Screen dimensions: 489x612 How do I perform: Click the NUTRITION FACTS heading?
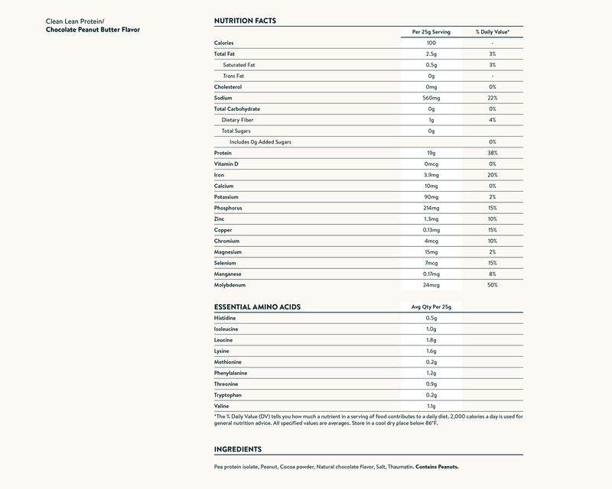coord(245,20)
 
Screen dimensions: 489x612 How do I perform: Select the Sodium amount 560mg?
coord(431,98)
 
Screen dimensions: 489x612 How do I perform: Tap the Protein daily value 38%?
coord(492,153)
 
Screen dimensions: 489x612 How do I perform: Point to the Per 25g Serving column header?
coord(431,32)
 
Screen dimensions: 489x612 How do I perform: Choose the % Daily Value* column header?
coord(493,32)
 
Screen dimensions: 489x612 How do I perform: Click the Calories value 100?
coord(431,43)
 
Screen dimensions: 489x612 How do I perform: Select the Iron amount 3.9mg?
coord(431,175)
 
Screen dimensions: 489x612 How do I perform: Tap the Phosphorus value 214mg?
coord(431,208)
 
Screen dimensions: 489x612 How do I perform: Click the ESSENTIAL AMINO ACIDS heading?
coord(257,306)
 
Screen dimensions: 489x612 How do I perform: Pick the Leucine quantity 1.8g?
coord(431,339)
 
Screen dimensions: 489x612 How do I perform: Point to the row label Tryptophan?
coord(229,395)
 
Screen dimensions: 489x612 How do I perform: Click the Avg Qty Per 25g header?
coord(431,306)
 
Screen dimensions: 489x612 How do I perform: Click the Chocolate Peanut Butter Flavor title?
coord(93,29)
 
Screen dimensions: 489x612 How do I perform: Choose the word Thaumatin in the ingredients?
coord(401,466)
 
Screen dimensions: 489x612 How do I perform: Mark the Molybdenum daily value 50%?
coord(492,285)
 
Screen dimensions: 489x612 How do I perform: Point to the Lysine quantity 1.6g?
coord(431,351)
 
